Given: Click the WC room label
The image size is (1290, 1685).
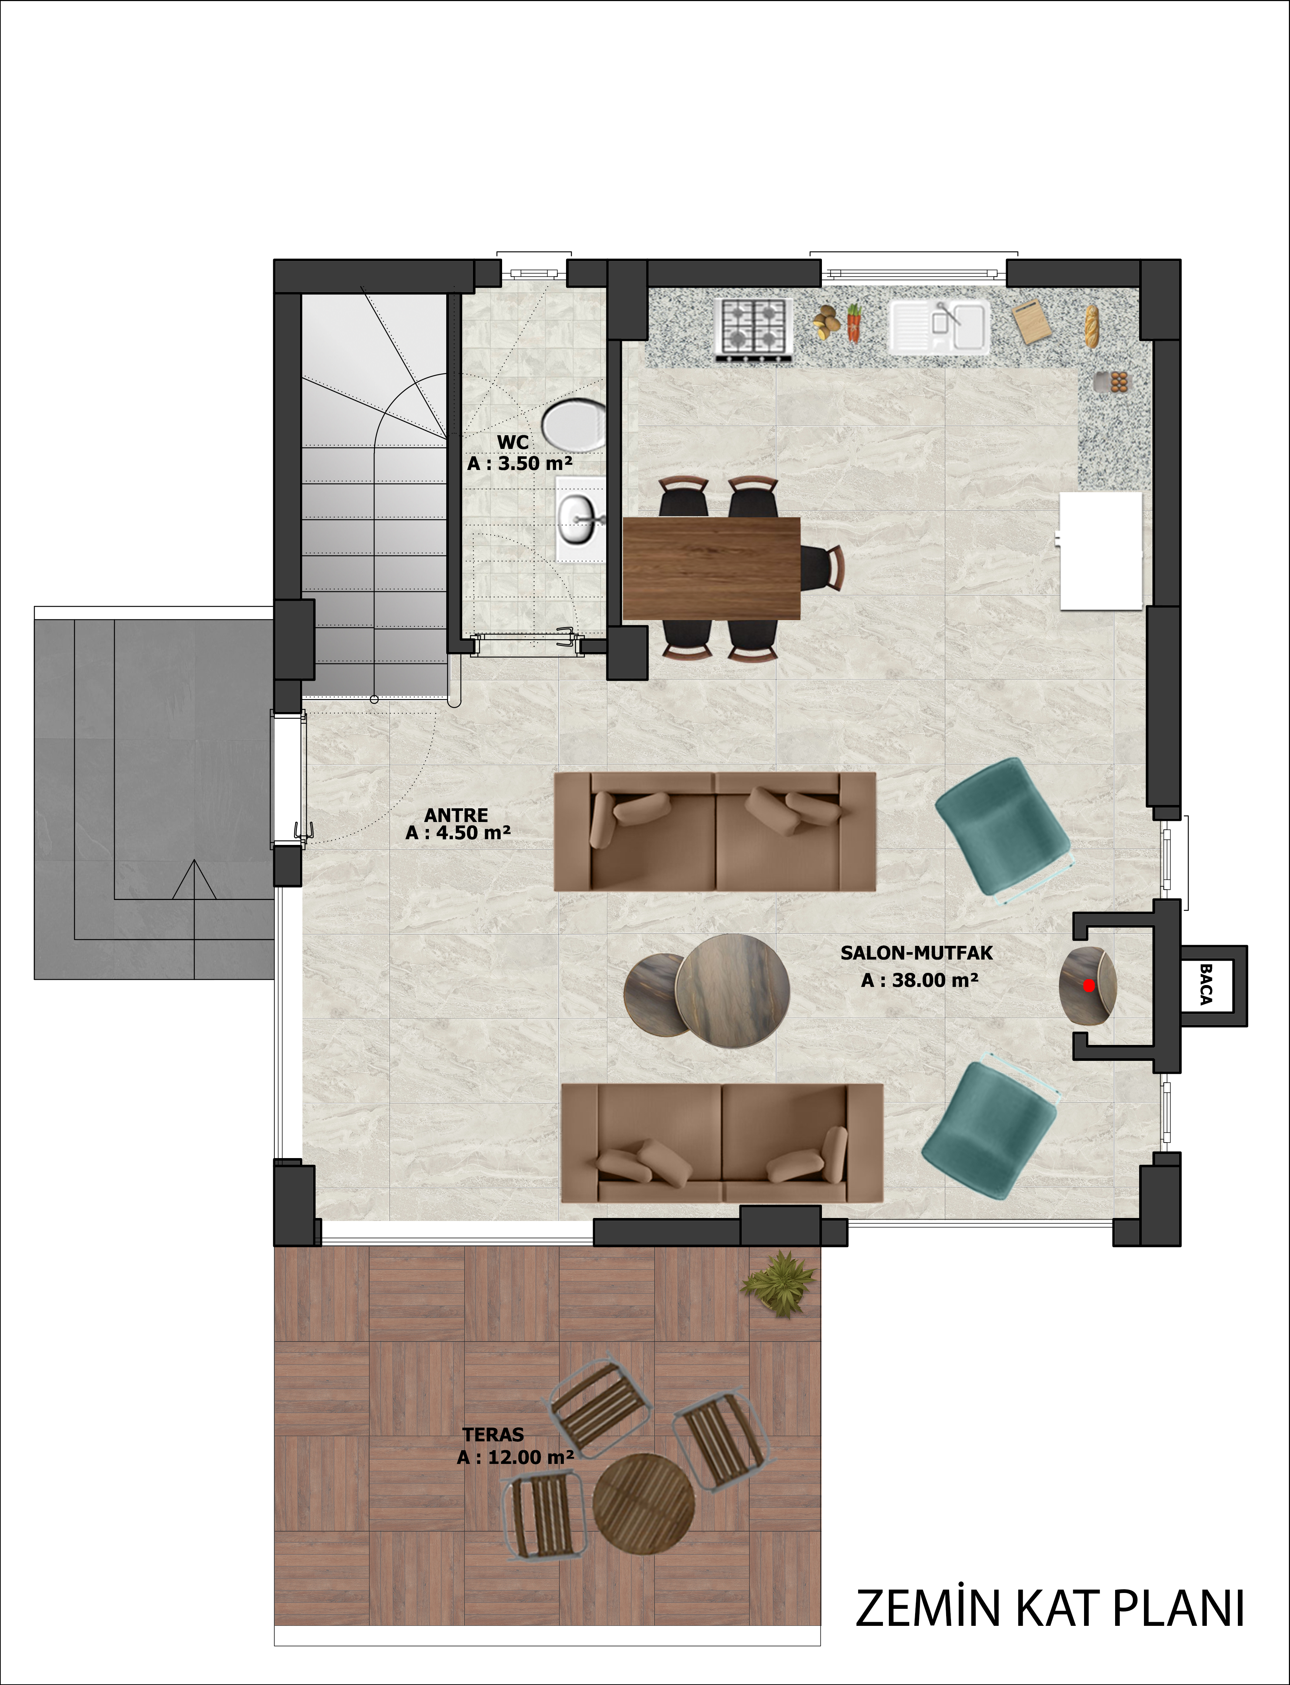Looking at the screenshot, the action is point(513,442).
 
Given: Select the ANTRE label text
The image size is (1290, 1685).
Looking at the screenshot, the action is point(456,815).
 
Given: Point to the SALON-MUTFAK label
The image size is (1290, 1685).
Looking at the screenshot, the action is point(917,953).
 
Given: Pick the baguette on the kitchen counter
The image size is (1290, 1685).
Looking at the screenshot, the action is point(1091,326).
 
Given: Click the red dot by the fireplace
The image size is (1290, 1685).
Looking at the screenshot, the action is point(1089,985).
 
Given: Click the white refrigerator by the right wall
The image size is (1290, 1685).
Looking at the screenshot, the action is point(1101,551).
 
